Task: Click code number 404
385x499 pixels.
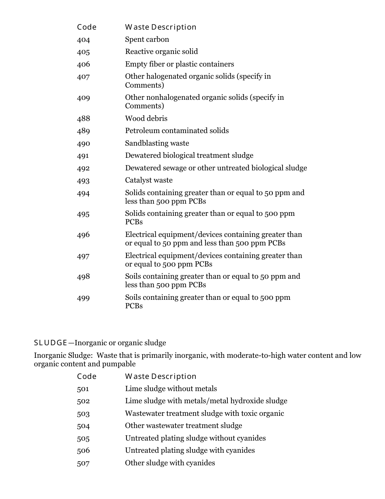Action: tap(83, 40)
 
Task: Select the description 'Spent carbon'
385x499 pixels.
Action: tap(147, 39)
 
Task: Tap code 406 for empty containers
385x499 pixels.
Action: tap(83, 65)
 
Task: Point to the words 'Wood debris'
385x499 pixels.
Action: tap(146, 118)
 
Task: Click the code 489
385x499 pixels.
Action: tap(83, 131)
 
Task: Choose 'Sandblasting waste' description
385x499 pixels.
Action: tap(157, 143)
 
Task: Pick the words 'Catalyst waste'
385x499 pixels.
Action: tap(148, 180)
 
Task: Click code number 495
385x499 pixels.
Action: tap(83, 214)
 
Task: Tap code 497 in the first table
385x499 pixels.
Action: tap(83, 256)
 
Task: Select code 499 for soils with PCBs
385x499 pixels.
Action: tap(83, 298)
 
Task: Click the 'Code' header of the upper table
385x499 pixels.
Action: tap(87, 27)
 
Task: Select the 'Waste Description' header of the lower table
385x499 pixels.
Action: tap(160, 376)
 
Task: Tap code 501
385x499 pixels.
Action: tap(83, 389)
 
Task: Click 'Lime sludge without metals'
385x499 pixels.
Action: tap(171, 389)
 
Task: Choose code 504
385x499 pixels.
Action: tap(83, 426)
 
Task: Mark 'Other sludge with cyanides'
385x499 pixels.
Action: tap(170, 463)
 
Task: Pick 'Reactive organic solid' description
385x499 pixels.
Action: tap(161, 52)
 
